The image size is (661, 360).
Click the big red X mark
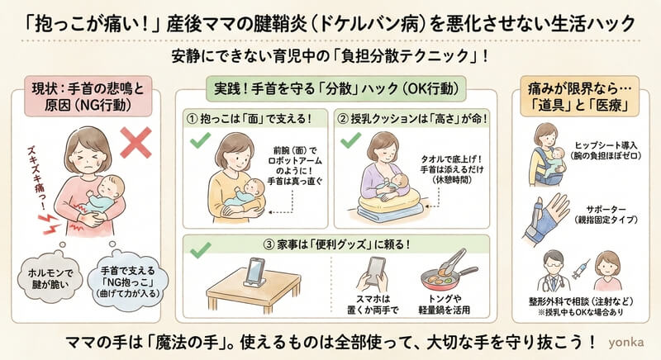[136, 143]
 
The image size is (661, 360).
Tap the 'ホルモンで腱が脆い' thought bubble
[50, 278]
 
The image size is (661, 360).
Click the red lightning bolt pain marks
[50, 223]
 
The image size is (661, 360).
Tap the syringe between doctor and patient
[581, 269]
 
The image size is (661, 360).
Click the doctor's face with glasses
[553, 264]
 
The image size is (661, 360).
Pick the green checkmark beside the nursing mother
[350, 140]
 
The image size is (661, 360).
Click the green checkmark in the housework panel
[200, 249]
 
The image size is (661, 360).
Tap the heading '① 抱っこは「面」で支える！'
[250, 119]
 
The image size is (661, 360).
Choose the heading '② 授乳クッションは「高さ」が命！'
[412, 119]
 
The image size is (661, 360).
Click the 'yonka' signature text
[626, 342]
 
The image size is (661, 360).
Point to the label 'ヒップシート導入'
[606, 145]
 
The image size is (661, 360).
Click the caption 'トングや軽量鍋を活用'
[444, 305]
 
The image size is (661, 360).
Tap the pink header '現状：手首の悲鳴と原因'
[88, 97]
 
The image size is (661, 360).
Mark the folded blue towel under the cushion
[390, 214]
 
